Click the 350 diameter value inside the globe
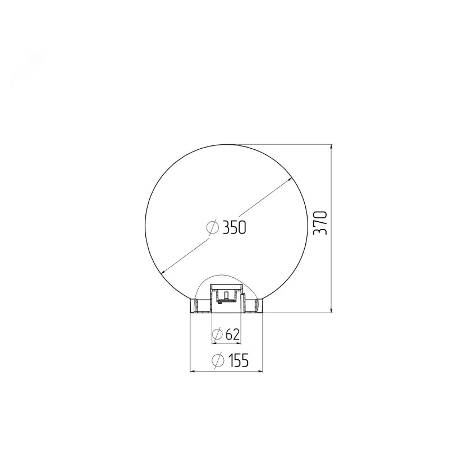click(x=234, y=228)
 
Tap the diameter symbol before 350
click(x=213, y=227)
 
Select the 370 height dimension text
click(x=320, y=223)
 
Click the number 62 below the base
click(x=232, y=334)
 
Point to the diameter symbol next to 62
click(x=217, y=334)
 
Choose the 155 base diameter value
click(x=238, y=360)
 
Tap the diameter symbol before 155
click(x=218, y=360)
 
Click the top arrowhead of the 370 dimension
click(x=332, y=147)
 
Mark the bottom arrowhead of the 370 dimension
click(x=332, y=310)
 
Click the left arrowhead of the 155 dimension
click(x=193, y=372)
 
